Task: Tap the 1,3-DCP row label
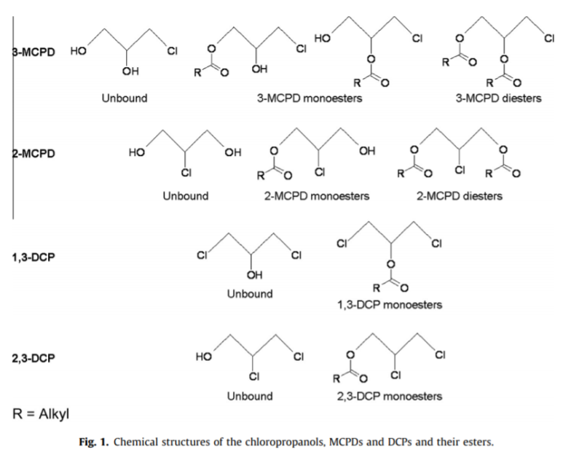pos(34,257)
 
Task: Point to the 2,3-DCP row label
pos(34,358)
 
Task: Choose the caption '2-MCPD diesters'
pos(460,196)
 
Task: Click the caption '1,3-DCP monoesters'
pos(389,305)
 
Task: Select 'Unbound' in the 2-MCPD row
pos(185,196)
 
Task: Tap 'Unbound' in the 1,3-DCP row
pos(250,294)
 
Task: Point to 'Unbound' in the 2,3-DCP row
pos(250,397)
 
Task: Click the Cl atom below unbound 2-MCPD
pos(186,173)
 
